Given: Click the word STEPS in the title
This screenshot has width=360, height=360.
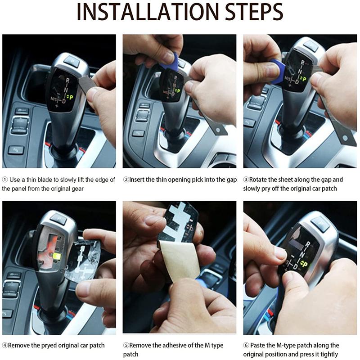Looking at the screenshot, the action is tap(254, 12).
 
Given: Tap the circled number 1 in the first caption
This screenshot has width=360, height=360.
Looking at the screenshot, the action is tap(5, 180).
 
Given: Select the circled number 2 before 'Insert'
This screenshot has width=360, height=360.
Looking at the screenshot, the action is tap(126, 180).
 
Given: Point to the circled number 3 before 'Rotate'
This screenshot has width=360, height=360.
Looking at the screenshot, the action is tap(246, 179).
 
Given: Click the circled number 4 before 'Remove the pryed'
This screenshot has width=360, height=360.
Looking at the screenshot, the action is tap(5, 345).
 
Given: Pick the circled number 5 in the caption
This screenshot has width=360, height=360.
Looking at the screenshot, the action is tap(126, 345).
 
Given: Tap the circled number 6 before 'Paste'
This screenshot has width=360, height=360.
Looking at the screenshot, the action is tap(246, 345).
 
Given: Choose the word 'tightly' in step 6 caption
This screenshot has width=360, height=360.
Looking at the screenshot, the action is tap(329, 354).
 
